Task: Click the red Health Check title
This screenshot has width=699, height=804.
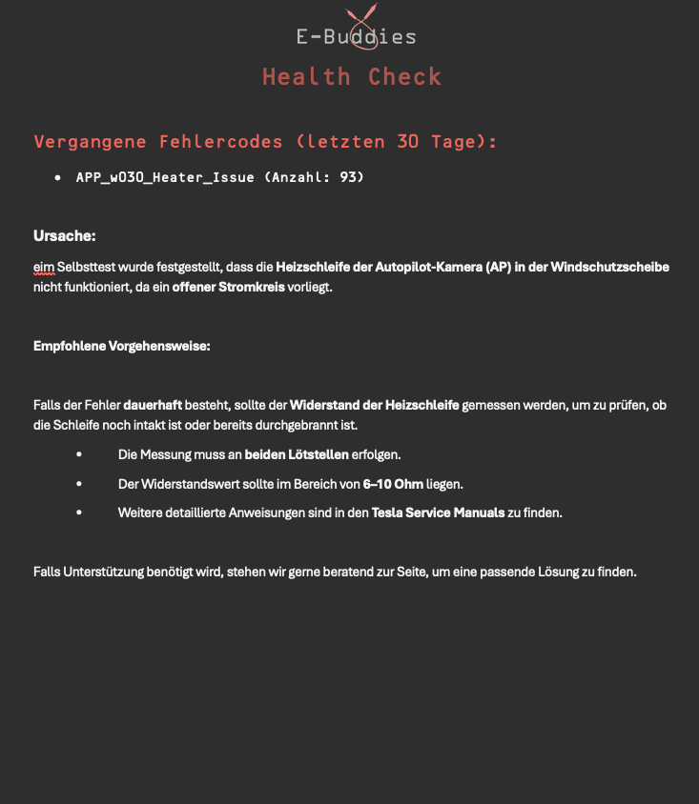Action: [352, 77]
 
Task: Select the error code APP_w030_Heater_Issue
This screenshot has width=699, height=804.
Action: [165, 177]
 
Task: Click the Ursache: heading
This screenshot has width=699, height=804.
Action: [65, 235]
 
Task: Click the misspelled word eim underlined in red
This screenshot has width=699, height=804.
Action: [44, 268]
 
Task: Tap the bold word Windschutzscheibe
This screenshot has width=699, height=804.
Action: [609, 268]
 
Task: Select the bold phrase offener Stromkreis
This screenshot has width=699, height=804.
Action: [228, 287]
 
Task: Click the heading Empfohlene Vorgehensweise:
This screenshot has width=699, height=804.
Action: [122, 346]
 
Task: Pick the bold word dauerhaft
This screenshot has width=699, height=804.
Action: [153, 405]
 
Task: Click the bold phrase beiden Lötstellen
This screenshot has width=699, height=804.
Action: [297, 454]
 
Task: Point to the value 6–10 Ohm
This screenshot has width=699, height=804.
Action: [393, 484]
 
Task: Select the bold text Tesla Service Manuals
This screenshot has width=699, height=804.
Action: [438, 513]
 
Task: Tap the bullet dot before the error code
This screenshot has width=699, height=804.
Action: [58, 177]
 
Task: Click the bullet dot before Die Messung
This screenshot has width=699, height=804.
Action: [79, 454]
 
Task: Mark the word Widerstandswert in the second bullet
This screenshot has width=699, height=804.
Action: [185, 484]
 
